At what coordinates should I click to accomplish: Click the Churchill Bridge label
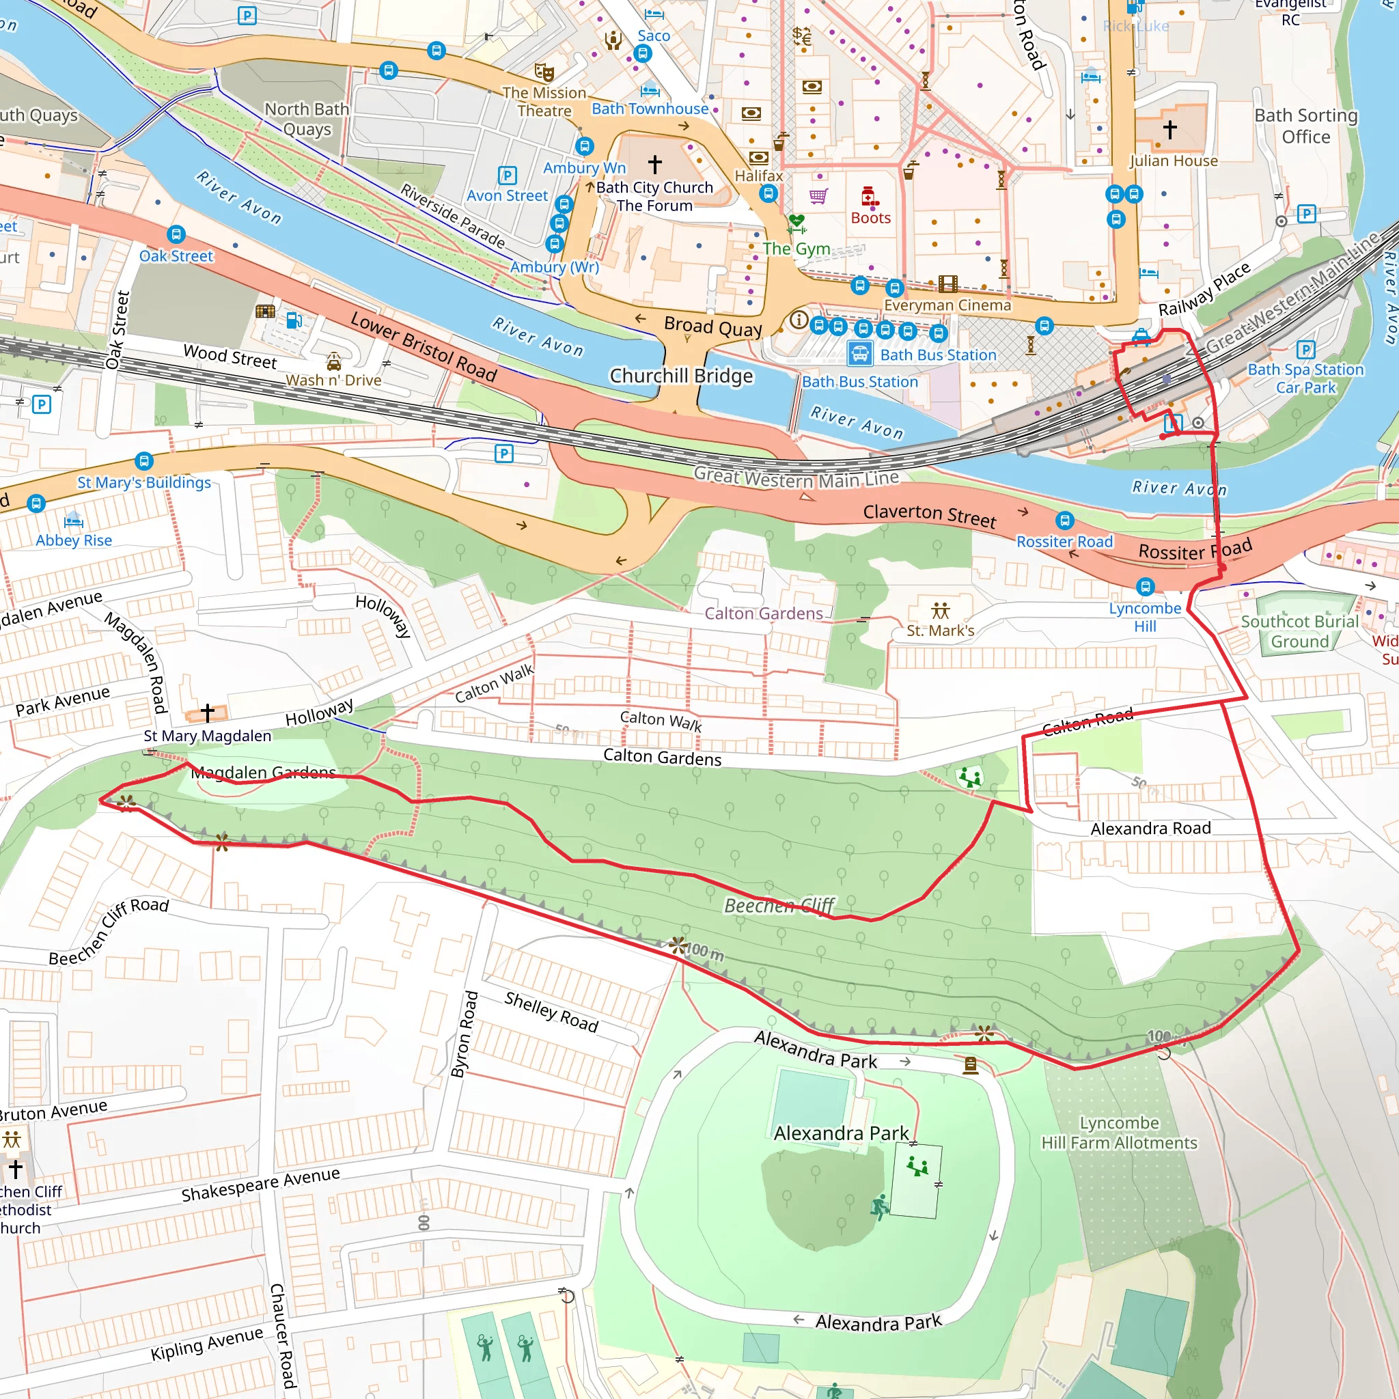[x=680, y=376]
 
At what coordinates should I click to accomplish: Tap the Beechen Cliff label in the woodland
[x=779, y=905]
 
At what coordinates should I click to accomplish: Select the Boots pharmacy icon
[x=870, y=196]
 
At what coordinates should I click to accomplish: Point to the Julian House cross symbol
[x=1169, y=130]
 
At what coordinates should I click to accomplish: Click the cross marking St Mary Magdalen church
[x=207, y=712]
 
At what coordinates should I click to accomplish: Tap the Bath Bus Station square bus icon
[x=859, y=354]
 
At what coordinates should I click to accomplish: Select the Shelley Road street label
[x=551, y=1012]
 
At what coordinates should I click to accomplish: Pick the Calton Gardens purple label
[x=763, y=613]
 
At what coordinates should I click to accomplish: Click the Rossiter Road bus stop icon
[x=1064, y=521]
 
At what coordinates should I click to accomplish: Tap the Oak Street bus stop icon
[x=176, y=234]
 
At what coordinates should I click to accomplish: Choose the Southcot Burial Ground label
[x=1299, y=631]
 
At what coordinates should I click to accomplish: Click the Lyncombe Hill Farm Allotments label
[x=1119, y=1133]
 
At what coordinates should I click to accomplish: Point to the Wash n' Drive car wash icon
[x=333, y=361]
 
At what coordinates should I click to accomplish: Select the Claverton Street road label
[x=929, y=515]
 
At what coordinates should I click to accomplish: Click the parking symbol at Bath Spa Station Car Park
[x=1305, y=350]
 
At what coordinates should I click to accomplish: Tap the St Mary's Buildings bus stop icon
[x=144, y=461]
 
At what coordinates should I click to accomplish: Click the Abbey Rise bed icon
[x=73, y=520]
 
